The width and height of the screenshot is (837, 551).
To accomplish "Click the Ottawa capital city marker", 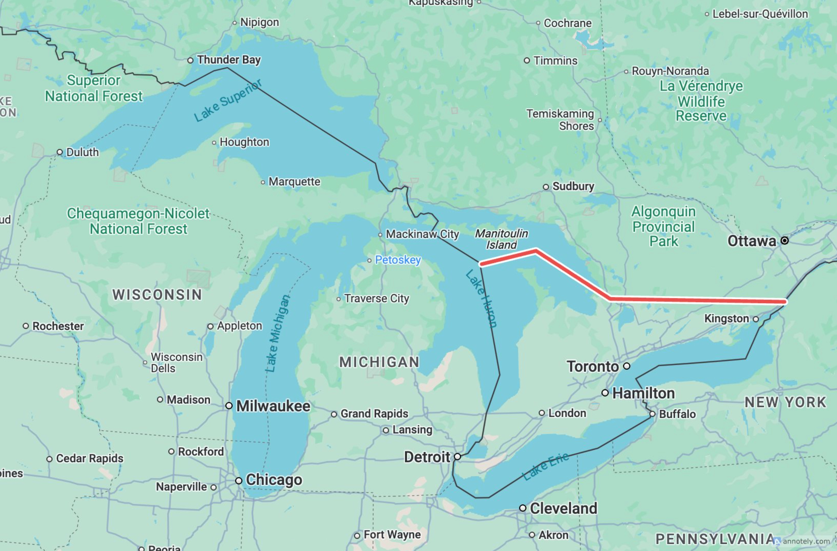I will tap(784, 240).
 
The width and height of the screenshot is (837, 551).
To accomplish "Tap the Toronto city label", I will tap(593, 366).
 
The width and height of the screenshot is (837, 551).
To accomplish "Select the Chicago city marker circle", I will tap(239, 480).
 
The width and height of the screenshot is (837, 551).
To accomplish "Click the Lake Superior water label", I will tap(228, 101).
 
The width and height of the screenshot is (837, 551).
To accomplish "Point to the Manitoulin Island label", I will tap(501, 239).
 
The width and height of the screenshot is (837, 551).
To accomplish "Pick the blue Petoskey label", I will tap(398, 260).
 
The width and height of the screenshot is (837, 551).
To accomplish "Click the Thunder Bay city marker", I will tap(190, 60).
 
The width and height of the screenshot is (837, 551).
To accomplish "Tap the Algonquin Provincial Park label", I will tap(663, 226).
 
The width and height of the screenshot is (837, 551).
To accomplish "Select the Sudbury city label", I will tap(573, 186).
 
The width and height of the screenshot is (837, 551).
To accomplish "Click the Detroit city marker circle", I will tap(457, 457).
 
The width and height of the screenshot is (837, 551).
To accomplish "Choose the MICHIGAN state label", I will tap(379, 362).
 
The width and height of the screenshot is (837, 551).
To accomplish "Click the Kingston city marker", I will tap(756, 319).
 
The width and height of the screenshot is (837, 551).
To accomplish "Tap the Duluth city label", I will tap(82, 152).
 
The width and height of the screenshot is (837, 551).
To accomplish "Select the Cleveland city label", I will tap(563, 508).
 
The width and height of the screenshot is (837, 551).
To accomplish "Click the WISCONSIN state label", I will tap(157, 295).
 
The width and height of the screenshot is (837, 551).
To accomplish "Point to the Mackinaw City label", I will tap(422, 234).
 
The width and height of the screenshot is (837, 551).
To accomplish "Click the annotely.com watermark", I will tap(806, 541).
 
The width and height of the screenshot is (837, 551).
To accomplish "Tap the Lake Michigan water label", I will tap(278, 333).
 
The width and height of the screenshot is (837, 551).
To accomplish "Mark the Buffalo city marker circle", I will tap(652, 414).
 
